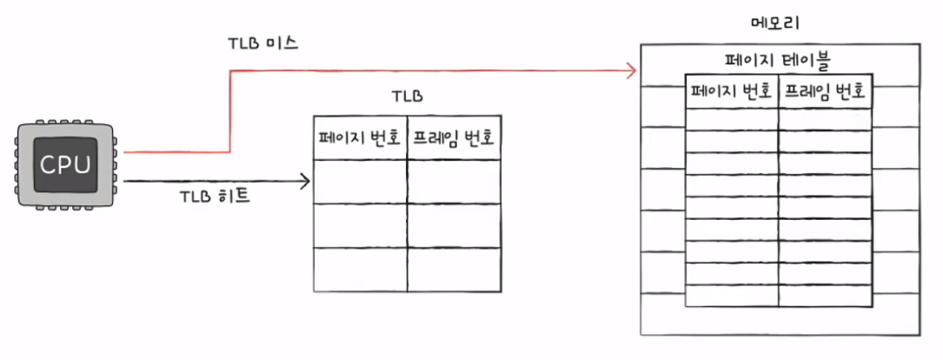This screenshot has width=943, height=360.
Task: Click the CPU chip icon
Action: (65, 165)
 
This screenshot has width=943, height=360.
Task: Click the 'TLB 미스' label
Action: (263, 43)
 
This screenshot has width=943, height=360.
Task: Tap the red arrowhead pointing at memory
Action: (632, 70)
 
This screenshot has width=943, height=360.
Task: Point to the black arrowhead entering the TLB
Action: (305, 182)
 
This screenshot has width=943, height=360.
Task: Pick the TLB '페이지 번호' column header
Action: (360, 139)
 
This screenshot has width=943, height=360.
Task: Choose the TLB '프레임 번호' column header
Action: (454, 139)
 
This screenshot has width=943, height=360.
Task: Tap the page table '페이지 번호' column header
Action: (731, 91)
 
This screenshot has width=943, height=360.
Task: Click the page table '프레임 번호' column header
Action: (825, 91)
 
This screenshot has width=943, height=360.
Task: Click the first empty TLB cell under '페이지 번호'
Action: (360, 182)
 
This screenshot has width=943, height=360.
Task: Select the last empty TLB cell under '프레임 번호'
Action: (454, 270)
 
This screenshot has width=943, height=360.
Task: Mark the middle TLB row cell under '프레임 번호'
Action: (454, 226)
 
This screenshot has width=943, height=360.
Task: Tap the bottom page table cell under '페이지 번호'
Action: (731, 296)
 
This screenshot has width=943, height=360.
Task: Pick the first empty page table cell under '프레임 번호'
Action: (825, 118)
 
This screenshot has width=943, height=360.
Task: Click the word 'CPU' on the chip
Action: (65, 163)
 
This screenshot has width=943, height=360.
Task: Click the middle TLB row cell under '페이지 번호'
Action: (360, 226)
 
